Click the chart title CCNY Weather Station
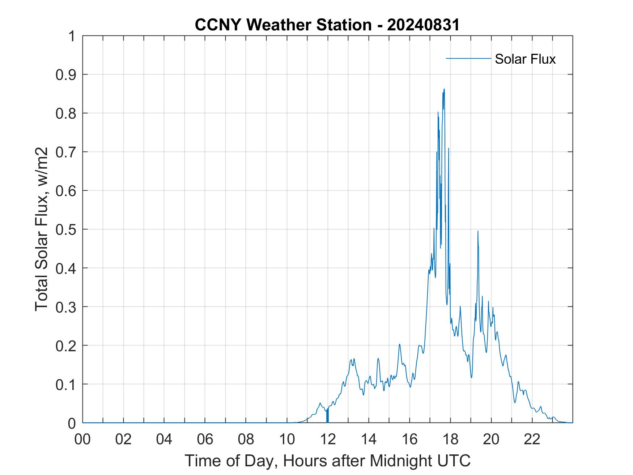click(283, 25)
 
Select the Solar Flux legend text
click(525, 59)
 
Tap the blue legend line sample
click(468, 58)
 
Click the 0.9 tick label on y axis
click(67, 75)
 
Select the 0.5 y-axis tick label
click(67, 230)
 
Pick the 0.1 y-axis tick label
click(67, 385)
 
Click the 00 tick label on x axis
click(82, 440)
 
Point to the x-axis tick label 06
click(205, 440)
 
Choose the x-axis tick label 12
click(328, 440)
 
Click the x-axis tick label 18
click(450, 440)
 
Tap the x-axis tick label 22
click(532, 440)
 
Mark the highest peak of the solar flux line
click(444, 89)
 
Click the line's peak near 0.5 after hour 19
click(478, 231)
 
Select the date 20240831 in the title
click(423, 25)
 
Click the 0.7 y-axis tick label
click(67, 152)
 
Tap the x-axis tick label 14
click(369, 440)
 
